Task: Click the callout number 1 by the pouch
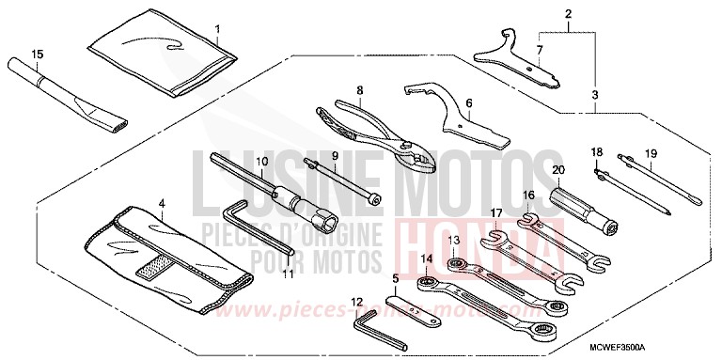(217, 28)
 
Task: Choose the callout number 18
(595, 151)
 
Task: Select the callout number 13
(454, 241)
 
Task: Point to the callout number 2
(567, 13)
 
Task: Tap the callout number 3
(595, 95)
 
